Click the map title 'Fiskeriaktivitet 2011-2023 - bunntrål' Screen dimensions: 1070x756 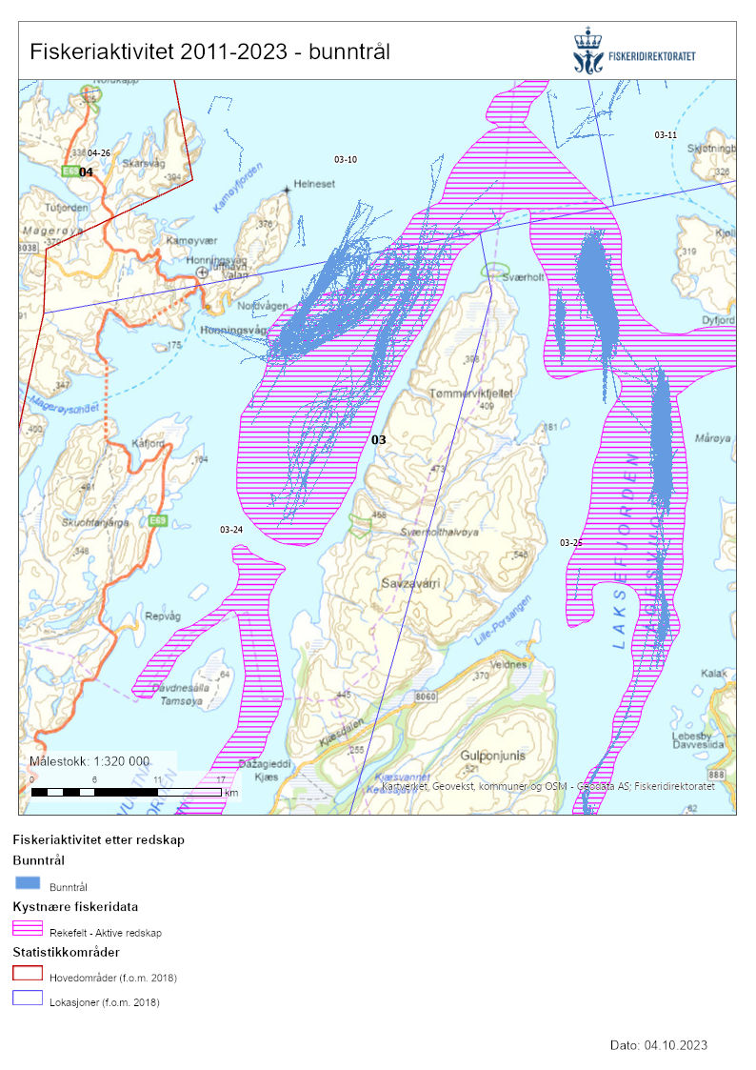click(209, 51)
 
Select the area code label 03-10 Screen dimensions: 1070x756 click(346, 159)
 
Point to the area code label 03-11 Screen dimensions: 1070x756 click(665, 135)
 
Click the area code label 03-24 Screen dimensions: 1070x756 click(230, 529)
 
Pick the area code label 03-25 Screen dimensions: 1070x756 click(571, 542)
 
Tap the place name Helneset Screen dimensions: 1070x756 click(315, 184)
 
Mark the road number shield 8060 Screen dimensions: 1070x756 click(428, 697)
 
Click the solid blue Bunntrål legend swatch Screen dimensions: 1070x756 click(28, 883)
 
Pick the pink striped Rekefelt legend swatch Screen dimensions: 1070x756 click(28, 928)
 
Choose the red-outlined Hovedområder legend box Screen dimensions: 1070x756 click(28, 973)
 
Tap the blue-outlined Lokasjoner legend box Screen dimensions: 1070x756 click(28, 998)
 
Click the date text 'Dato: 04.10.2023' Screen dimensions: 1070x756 click(658, 1045)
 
